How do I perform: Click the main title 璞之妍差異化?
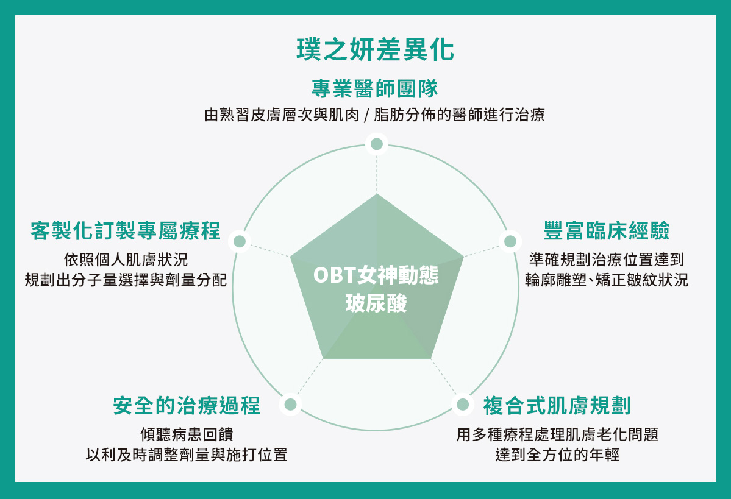click(x=376, y=49)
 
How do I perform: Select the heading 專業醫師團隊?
click(x=375, y=88)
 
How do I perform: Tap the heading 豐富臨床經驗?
click(x=607, y=231)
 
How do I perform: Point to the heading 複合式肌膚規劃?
click(x=557, y=405)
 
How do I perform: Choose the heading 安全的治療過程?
click(x=187, y=405)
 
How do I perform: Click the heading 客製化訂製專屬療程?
click(x=126, y=231)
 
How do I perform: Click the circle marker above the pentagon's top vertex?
click(x=377, y=144)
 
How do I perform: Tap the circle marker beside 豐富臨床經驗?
click(x=510, y=241)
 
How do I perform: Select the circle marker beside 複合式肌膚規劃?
click(x=463, y=405)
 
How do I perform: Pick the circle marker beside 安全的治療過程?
click(x=290, y=405)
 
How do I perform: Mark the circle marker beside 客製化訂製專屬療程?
click(x=240, y=241)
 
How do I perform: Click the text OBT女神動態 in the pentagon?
click(x=376, y=275)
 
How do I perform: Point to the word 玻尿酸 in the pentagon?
click(x=376, y=303)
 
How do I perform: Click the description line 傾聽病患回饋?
click(x=187, y=434)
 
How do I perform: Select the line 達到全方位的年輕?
click(x=557, y=455)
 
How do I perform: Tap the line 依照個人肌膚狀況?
click(x=126, y=260)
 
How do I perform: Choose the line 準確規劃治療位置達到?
click(x=607, y=260)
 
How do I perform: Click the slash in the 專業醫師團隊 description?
click(x=366, y=115)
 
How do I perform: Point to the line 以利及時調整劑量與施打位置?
click(x=187, y=455)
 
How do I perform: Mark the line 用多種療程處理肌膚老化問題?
click(x=557, y=434)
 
